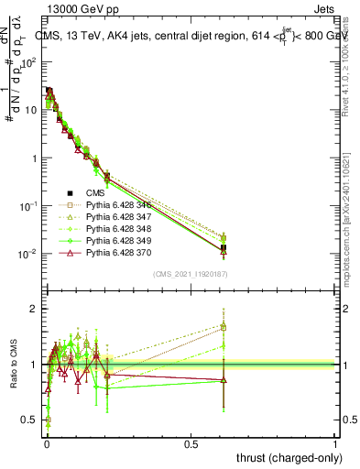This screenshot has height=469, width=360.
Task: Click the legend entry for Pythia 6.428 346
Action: click(x=120, y=205)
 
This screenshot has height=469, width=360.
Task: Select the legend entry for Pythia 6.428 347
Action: click(x=120, y=218)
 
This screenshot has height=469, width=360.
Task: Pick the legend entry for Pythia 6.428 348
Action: click(x=120, y=231)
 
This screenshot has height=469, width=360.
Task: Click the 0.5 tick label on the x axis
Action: click(x=191, y=443)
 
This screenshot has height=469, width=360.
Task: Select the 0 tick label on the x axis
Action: click(x=46, y=443)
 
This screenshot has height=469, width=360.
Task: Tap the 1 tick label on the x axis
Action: click(x=335, y=443)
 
